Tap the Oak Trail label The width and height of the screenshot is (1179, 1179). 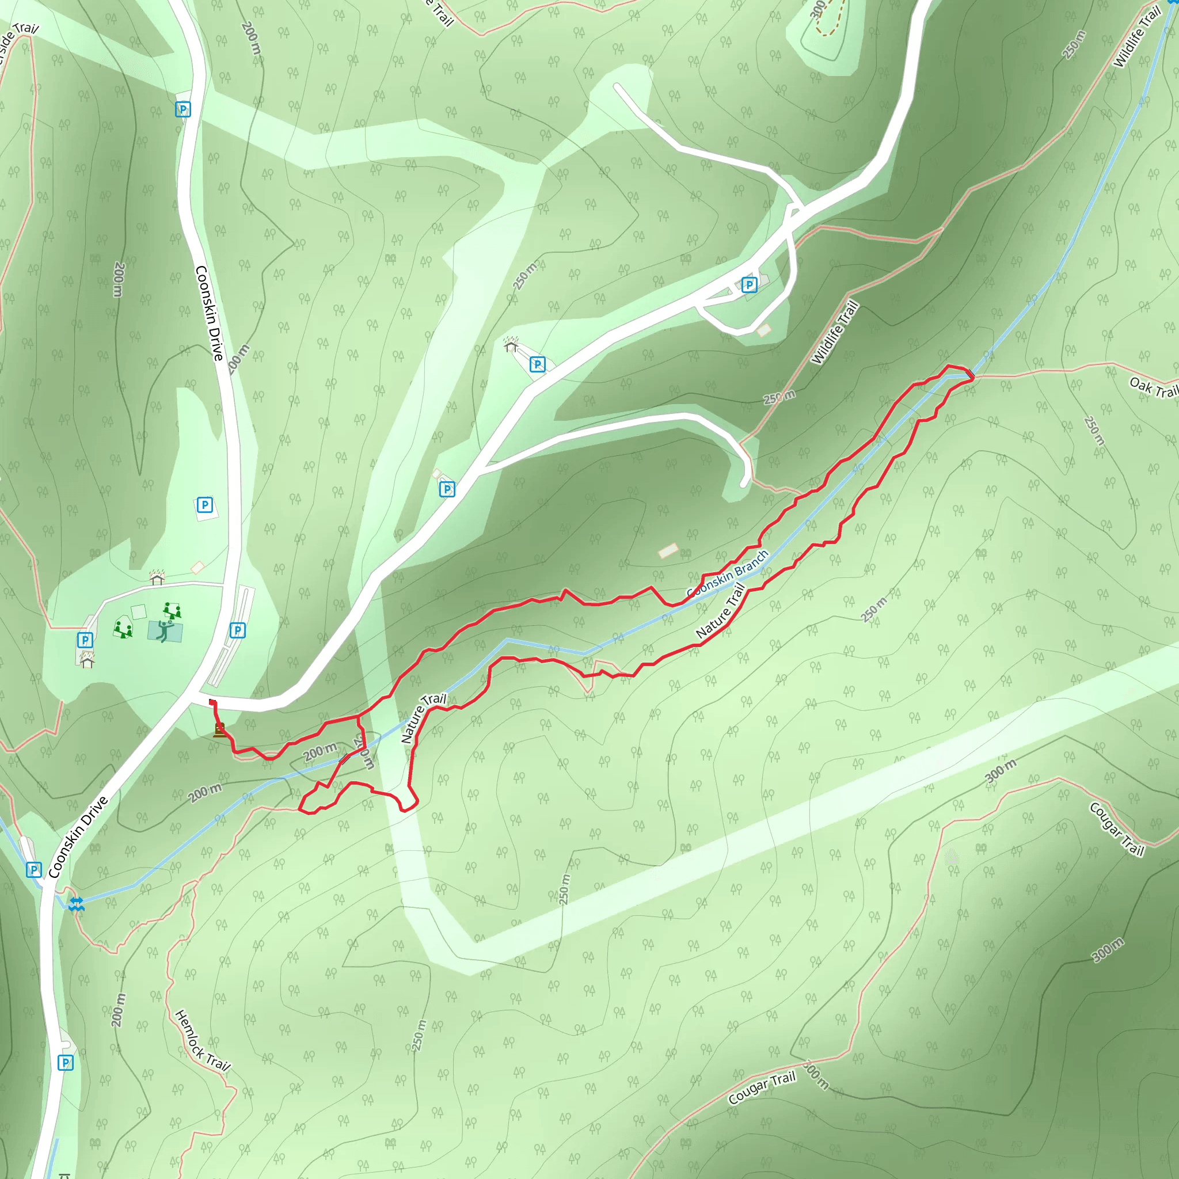click(1153, 387)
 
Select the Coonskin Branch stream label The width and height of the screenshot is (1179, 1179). click(728, 573)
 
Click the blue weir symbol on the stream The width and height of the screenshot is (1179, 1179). click(77, 904)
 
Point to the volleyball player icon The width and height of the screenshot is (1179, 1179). click(164, 631)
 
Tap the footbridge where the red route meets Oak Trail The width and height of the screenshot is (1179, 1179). click(969, 373)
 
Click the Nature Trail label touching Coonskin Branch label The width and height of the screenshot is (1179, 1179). click(721, 611)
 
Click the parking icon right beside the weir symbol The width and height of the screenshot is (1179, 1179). click(34, 870)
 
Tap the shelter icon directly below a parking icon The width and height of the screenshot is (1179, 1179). click(87, 660)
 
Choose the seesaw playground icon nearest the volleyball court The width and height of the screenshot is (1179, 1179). click(172, 610)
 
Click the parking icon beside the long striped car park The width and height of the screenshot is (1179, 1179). click(237, 630)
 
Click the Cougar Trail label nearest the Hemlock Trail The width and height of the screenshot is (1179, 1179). click(762, 1087)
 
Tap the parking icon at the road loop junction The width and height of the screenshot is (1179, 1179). click(749, 284)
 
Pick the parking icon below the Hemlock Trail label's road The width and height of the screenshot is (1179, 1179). click(65, 1063)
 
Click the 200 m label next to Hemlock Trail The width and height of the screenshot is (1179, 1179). click(119, 1010)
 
